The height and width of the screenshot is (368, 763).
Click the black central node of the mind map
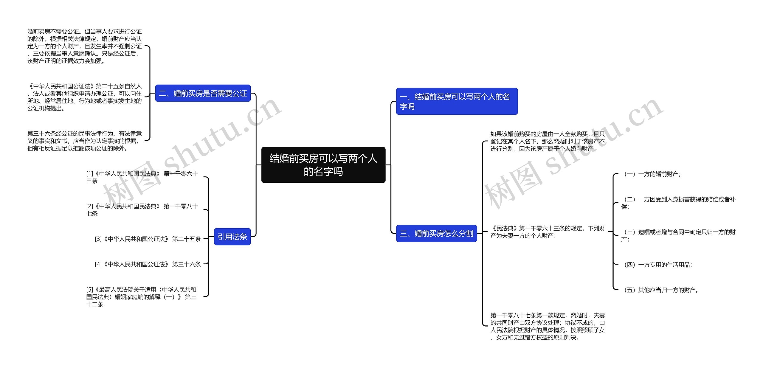[x=323, y=165]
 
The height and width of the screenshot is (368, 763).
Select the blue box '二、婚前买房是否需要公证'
[x=203, y=93]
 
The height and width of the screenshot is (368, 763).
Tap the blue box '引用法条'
[x=232, y=237]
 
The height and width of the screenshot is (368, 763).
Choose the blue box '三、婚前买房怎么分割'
[x=436, y=233]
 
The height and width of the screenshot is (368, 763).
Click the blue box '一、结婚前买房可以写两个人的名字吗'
[x=457, y=101]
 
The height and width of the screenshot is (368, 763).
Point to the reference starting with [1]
[x=142, y=177]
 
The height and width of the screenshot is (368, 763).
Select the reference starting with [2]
[x=142, y=210]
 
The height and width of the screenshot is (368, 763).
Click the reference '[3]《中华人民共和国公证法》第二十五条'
[x=148, y=239]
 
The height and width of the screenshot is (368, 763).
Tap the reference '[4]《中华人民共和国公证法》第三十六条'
[x=148, y=264]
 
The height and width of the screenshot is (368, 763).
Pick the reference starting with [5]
[x=142, y=297]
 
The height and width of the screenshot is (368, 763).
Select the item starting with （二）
[x=678, y=203]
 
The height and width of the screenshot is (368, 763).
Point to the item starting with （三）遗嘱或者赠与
[x=678, y=235]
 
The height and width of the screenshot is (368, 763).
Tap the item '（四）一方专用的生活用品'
[x=657, y=265]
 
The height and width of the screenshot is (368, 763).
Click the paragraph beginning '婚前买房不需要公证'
[x=85, y=46]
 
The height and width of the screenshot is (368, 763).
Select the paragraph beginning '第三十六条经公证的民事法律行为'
[x=85, y=141]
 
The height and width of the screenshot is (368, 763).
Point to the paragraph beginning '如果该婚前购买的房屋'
[x=548, y=141]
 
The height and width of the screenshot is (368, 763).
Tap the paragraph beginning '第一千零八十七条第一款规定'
[x=548, y=326]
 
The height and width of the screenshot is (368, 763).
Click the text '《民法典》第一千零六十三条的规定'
[x=548, y=232]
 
